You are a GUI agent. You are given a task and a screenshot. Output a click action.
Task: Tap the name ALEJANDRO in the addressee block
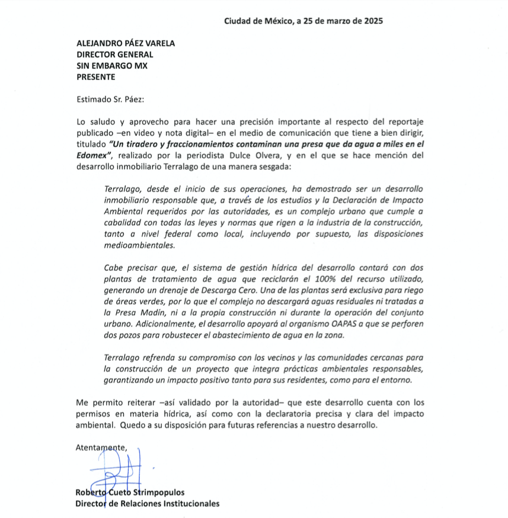click(101, 43)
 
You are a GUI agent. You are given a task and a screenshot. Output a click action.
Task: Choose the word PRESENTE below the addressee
click(96, 76)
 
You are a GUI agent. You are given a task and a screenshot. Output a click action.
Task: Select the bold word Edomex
click(92, 155)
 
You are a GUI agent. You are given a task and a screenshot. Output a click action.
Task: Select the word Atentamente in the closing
click(101, 447)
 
